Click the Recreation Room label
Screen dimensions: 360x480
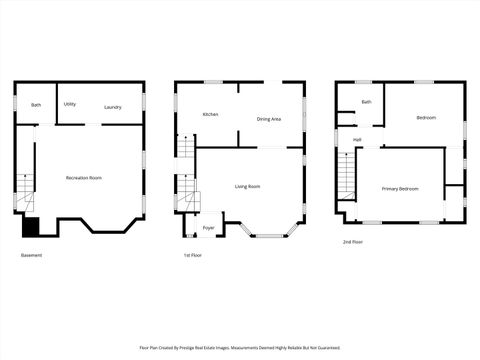[84, 178]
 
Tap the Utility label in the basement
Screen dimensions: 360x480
[70, 104]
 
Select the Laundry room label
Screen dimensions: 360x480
[113, 107]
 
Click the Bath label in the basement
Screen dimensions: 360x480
[36, 105]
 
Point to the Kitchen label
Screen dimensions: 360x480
[211, 114]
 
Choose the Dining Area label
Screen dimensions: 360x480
[268, 118]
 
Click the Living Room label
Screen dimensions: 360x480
[247, 186]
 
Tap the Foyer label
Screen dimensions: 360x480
[208, 228]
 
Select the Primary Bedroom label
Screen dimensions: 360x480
[400, 188]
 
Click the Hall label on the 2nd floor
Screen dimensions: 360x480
[357, 140]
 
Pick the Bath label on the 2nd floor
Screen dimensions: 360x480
[366, 102]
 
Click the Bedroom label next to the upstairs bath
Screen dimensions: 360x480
[426, 118]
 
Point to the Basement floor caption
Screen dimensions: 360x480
[32, 255]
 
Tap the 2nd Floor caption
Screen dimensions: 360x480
[353, 242]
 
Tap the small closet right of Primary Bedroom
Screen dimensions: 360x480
[454, 197]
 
